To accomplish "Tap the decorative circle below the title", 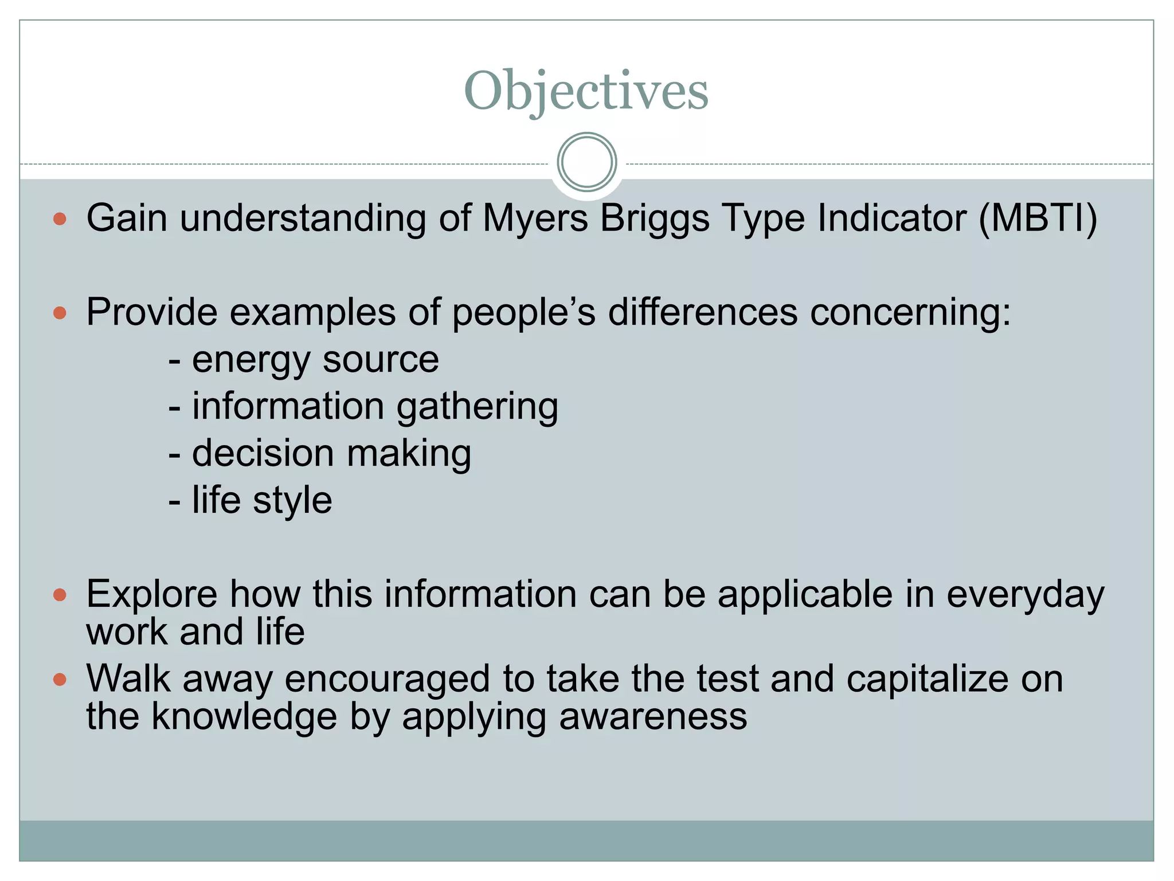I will coord(586,162).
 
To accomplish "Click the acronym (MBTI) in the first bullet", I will coord(1038,219).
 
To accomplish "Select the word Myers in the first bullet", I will coord(535,219).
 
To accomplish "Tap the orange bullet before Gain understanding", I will coord(60,219).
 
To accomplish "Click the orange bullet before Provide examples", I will coord(60,313).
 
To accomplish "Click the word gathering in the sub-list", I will coord(477,407).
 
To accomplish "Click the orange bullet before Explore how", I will coord(60,594).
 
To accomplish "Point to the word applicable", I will coord(805,594).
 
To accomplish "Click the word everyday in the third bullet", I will coord(1025,594).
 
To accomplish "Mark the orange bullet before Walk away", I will coord(60,680).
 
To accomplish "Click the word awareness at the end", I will coord(653,716).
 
